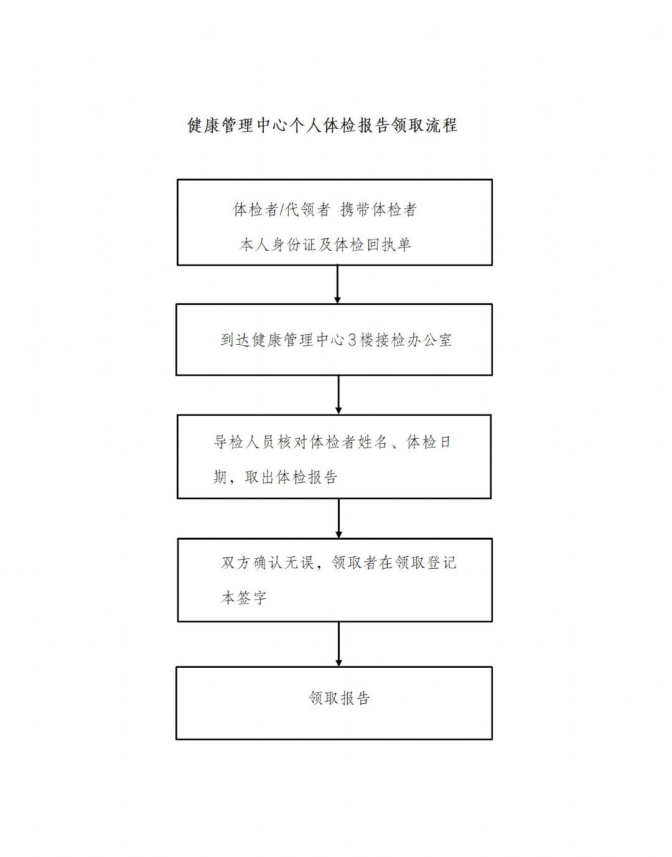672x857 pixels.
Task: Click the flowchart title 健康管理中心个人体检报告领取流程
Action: click(x=322, y=125)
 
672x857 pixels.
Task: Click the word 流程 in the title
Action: click(x=441, y=125)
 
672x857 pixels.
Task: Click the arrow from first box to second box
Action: click(x=337, y=284)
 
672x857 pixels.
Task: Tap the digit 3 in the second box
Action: click(x=352, y=340)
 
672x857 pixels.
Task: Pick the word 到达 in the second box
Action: click(x=236, y=340)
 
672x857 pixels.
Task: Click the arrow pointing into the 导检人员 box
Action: click(x=338, y=395)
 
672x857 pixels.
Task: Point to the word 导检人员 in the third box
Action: click(x=244, y=442)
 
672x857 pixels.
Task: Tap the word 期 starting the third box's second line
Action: click(x=220, y=477)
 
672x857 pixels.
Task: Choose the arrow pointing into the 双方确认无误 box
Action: click(x=338, y=518)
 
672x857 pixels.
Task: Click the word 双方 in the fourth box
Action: click(x=236, y=563)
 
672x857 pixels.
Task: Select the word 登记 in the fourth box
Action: click(x=441, y=563)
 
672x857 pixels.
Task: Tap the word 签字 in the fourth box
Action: click(x=252, y=598)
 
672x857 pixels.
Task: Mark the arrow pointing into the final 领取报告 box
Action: click(x=338, y=644)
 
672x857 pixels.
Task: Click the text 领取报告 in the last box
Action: click(x=339, y=698)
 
